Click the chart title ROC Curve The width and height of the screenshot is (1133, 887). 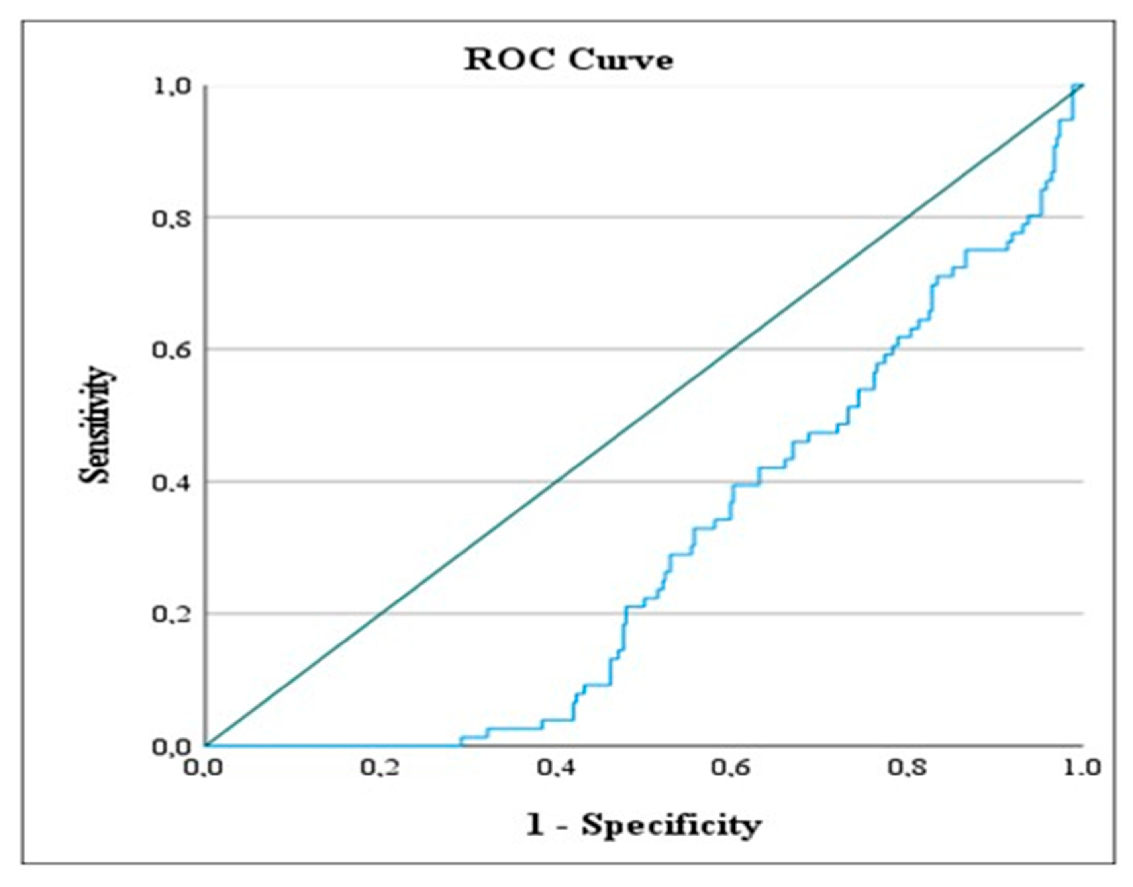tap(568, 60)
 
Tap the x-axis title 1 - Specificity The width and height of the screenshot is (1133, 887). tap(643, 825)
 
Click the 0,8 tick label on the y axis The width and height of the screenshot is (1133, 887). tap(172, 218)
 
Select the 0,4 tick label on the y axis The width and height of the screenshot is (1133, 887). tap(172, 482)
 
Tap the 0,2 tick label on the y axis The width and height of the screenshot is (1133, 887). tap(172, 614)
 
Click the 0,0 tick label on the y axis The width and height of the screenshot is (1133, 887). tap(172, 747)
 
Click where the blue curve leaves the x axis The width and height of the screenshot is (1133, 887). tap(460, 745)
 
